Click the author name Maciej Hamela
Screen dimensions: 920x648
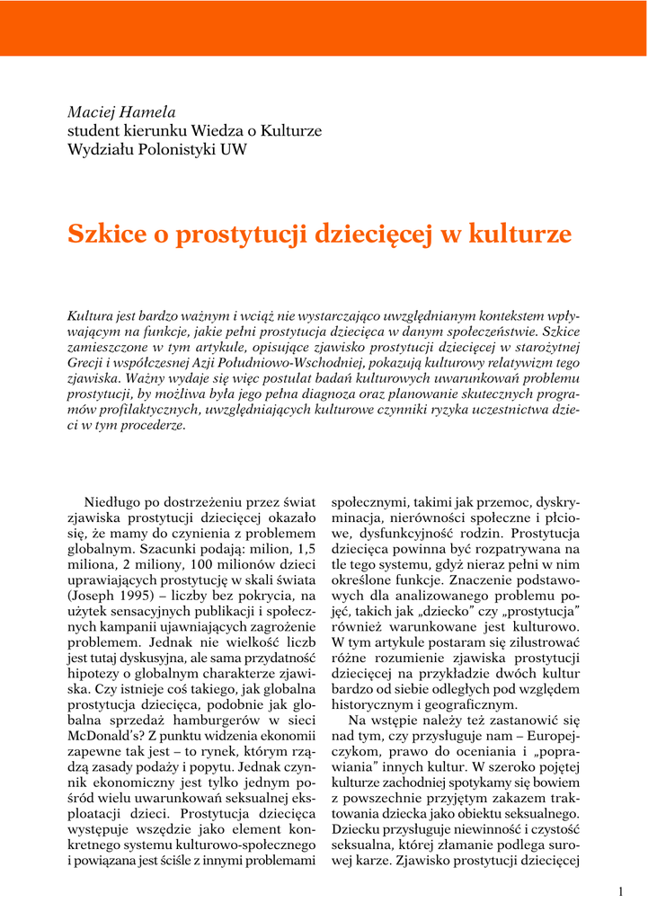pyautogui.click(x=122, y=112)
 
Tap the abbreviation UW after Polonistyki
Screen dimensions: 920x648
pyautogui.click(x=234, y=149)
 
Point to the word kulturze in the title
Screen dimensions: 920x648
pyautogui.click(x=527, y=234)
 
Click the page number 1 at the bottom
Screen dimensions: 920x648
pyautogui.click(x=620, y=891)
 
